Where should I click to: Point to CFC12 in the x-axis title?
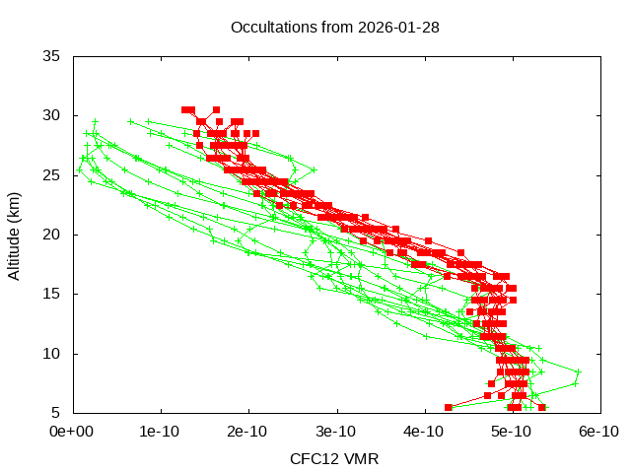coord(313,459)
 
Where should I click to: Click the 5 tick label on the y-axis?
coord(57,412)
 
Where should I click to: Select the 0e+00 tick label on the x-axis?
coord(73,432)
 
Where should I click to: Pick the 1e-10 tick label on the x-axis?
coord(161,432)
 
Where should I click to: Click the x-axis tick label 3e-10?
coord(336,432)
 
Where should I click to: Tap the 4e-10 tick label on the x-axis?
coord(424,432)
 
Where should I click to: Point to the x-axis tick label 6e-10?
coord(598,432)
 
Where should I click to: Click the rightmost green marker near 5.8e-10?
coord(579,372)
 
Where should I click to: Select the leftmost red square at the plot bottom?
coord(449,407)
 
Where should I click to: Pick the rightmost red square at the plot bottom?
coord(542,407)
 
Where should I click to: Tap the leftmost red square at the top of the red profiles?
coord(185,109)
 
